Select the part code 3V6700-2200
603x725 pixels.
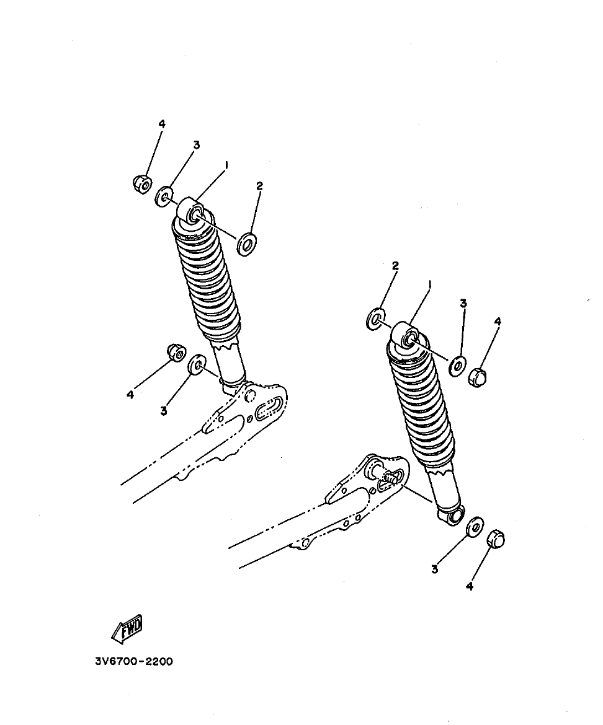(x=134, y=661)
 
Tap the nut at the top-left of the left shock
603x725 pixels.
(x=143, y=183)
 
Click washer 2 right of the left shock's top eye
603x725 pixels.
(x=248, y=244)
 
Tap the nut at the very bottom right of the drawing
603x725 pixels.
(x=496, y=538)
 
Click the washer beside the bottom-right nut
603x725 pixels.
(x=475, y=528)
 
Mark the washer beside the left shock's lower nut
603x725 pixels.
(x=197, y=365)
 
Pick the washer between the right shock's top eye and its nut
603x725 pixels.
(x=458, y=366)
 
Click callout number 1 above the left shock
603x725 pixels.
(x=227, y=165)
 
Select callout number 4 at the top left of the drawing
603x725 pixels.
(x=162, y=124)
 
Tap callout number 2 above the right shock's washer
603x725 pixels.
(x=395, y=266)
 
